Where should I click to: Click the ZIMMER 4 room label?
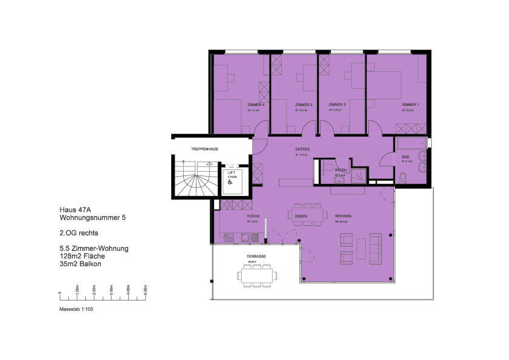point(256,105)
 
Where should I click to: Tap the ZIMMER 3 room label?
point(303,105)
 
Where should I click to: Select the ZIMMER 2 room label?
point(337,105)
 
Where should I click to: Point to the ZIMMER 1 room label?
point(410,105)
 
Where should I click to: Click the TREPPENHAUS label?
point(204,148)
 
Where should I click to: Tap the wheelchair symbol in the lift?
point(230,180)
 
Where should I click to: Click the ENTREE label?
point(302,149)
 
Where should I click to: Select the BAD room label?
point(405,156)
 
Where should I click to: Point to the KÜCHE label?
point(253,216)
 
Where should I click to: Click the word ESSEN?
point(301,216)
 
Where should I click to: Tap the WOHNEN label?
point(344,216)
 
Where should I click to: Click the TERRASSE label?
point(257,257)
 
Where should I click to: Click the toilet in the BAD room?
point(403,177)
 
